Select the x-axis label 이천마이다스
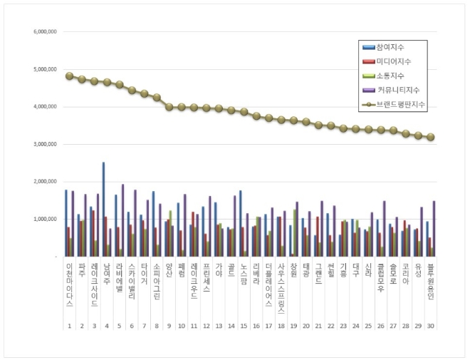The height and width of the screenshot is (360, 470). coord(69,285)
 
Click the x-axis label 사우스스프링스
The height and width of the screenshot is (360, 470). coord(281,289)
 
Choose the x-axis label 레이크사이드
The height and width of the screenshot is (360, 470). coord(95,285)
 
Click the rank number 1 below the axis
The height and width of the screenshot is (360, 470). coord(69,326)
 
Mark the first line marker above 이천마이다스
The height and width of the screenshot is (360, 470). coord(69,76)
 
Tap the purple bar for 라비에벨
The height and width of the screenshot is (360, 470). coord(122,220)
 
